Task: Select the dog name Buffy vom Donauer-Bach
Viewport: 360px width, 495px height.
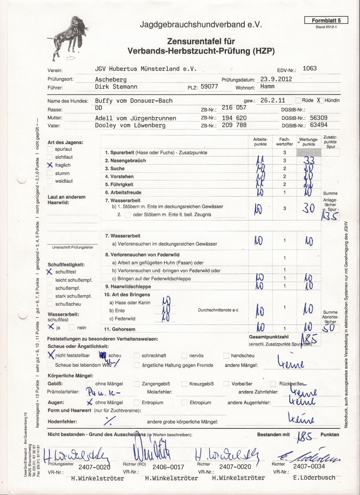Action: [x=134, y=101]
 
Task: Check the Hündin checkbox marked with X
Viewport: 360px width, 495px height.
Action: [x=320, y=100]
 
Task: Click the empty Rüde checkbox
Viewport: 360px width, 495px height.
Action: [x=299, y=100]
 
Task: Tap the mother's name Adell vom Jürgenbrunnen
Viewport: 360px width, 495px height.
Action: [x=135, y=118]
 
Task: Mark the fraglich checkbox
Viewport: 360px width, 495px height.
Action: [x=50, y=165]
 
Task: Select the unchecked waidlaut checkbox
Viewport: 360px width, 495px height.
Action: [x=50, y=181]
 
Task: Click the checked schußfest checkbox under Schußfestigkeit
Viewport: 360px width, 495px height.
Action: [x=50, y=272]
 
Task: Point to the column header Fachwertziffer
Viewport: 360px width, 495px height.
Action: [x=284, y=142]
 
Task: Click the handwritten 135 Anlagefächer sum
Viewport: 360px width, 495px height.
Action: [x=330, y=216]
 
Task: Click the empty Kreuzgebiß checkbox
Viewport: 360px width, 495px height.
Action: [x=184, y=384]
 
